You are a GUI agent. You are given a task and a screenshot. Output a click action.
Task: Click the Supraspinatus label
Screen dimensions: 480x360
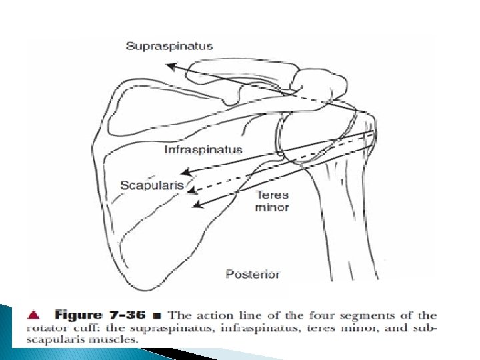point(169,46)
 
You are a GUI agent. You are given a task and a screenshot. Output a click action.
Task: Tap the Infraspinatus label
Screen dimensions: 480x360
point(203,150)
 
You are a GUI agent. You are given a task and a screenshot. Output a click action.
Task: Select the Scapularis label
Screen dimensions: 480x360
point(151,185)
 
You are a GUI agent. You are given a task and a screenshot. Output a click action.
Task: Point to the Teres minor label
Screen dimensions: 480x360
point(272,201)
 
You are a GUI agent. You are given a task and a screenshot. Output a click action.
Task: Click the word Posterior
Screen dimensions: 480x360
point(253,274)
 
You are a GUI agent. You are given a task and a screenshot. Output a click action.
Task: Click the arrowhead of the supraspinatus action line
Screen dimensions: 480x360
point(169,65)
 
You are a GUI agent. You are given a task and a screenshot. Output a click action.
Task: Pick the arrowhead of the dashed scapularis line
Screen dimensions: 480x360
point(191,191)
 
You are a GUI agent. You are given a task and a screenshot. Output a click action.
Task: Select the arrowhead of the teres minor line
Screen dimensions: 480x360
point(195,206)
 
